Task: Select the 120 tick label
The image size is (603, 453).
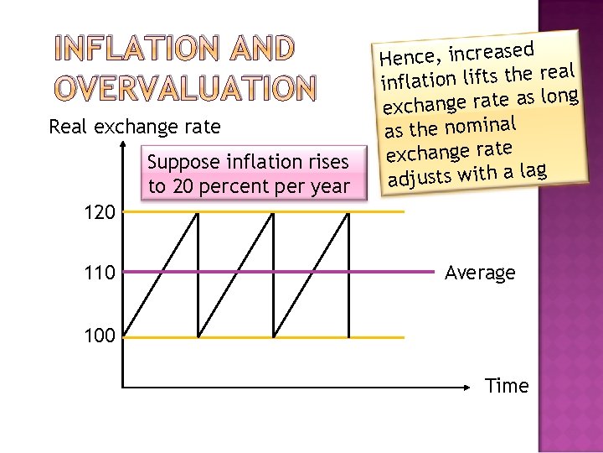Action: pyautogui.click(x=100, y=212)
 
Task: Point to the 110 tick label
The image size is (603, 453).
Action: pyautogui.click(x=100, y=272)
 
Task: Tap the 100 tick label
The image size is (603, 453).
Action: pyautogui.click(x=100, y=337)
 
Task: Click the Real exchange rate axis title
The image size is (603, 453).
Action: pyautogui.click(x=135, y=128)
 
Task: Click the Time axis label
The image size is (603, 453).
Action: pyautogui.click(x=507, y=386)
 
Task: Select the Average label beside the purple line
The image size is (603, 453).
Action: pyautogui.click(x=480, y=273)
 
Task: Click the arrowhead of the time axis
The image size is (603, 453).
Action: pyautogui.click(x=469, y=387)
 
